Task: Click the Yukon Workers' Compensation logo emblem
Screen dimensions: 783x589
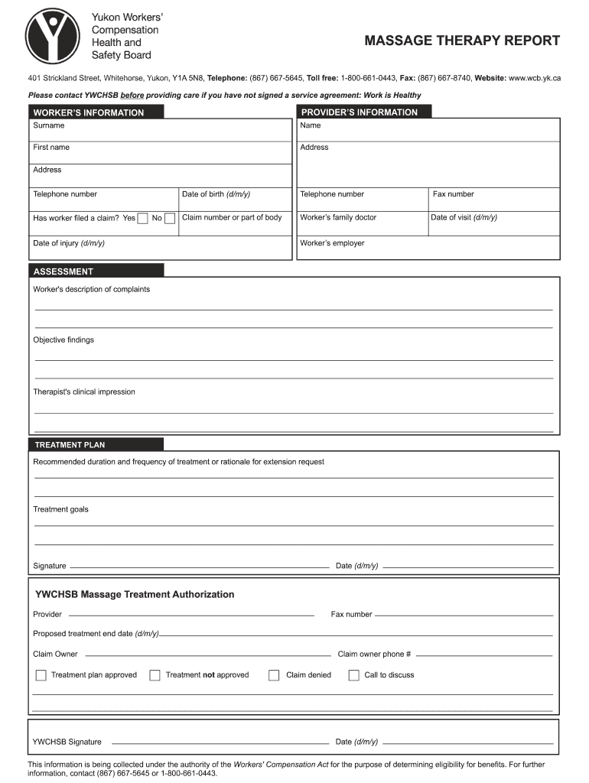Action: tap(52, 34)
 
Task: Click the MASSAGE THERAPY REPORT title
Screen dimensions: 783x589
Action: tap(462, 41)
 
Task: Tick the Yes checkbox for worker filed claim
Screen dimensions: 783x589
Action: tap(142, 219)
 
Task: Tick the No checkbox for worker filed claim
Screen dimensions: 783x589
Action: tap(170, 219)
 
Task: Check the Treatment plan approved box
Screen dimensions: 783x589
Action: tap(41, 675)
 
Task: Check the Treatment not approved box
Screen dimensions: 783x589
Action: tap(155, 675)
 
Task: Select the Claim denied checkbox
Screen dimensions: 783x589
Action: tap(274, 675)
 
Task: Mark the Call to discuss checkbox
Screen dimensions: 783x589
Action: tap(353, 675)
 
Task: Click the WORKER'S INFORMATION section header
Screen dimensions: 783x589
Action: tap(89, 112)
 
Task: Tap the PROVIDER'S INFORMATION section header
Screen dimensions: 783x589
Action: tap(360, 112)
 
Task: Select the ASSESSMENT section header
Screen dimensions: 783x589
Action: tap(63, 271)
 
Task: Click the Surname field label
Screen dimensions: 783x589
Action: tap(49, 125)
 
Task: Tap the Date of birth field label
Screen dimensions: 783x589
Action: tap(216, 194)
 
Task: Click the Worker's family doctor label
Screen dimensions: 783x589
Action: tap(338, 217)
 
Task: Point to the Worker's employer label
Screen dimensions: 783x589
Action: tap(332, 243)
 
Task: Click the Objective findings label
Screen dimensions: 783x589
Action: tap(63, 340)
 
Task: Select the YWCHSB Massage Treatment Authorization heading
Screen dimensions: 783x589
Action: tap(135, 594)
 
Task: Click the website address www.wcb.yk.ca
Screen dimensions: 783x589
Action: tap(535, 78)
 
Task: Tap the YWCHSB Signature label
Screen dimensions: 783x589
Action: tap(67, 742)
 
